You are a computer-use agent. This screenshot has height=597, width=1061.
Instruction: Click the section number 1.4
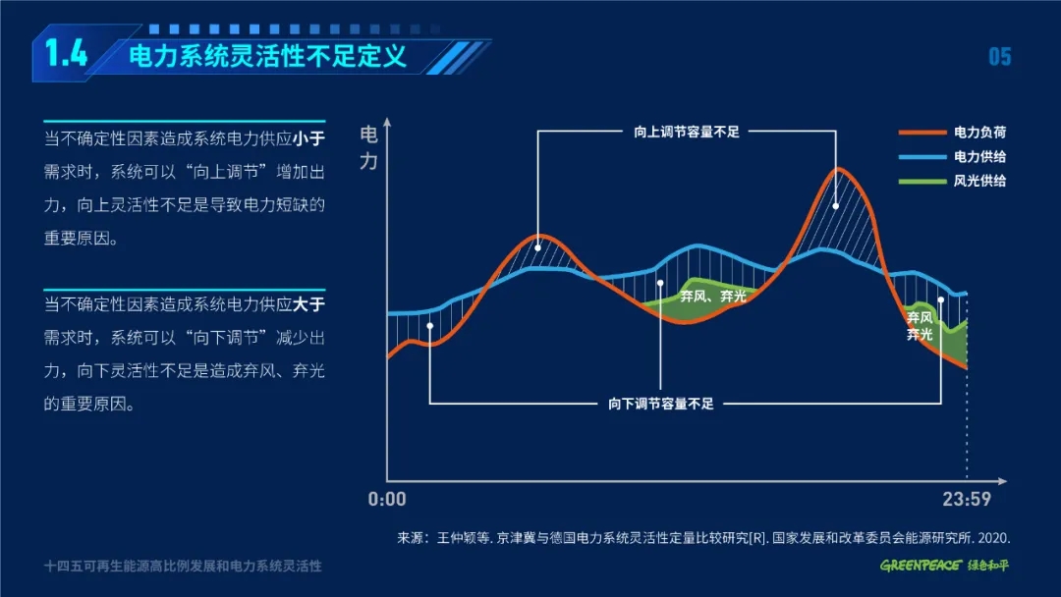tap(67, 53)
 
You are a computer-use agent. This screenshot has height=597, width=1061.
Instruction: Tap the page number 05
tap(999, 57)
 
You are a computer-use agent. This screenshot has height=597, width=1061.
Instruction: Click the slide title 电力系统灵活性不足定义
tap(267, 55)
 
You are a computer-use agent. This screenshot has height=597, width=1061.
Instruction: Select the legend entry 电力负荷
tap(979, 132)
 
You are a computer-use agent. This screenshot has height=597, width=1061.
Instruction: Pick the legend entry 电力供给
tap(979, 157)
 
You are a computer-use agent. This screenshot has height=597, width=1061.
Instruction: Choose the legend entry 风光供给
tap(979, 182)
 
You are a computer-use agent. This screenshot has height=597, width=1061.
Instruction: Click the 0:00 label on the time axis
tap(387, 500)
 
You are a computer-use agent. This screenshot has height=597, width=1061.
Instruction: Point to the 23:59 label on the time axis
tap(967, 500)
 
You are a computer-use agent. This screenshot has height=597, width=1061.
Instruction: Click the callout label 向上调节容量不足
tap(687, 132)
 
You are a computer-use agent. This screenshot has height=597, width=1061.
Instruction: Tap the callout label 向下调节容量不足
tap(661, 404)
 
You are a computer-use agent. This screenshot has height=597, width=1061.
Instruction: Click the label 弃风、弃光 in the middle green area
tap(713, 297)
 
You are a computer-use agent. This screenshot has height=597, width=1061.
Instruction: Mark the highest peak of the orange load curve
tap(838, 168)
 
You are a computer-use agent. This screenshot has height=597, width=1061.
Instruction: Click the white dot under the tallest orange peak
tap(836, 206)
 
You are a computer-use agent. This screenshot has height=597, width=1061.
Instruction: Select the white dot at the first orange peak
tap(538, 248)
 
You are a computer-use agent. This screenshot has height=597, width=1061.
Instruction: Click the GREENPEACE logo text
tap(921, 566)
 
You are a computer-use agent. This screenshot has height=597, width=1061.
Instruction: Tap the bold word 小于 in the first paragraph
tap(309, 138)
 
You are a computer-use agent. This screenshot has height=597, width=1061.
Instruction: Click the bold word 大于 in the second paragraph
tap(309, 304)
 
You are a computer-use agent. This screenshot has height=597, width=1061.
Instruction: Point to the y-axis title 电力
tap(368, 147)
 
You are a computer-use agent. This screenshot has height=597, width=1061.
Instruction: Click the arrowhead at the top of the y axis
tap(387, 122)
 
